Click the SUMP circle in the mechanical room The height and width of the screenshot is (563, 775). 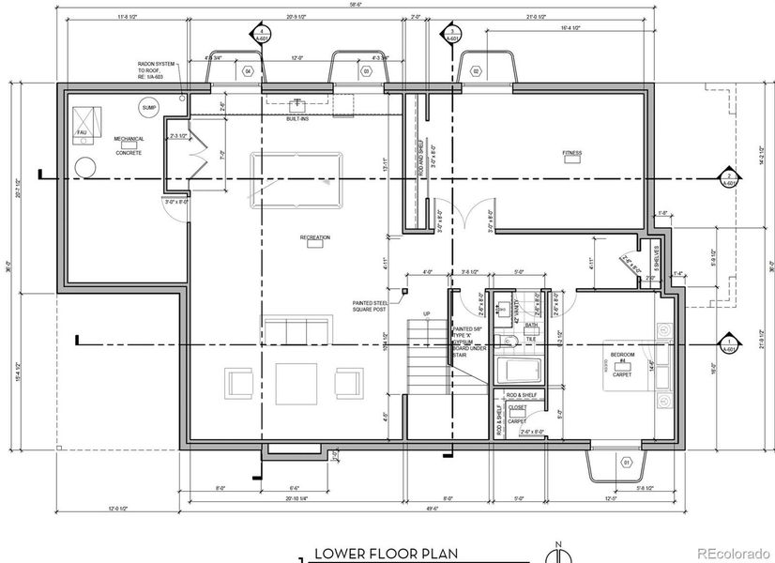pos(148,109)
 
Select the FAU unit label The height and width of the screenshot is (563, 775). pos(82,133)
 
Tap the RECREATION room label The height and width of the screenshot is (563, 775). pos(315,237)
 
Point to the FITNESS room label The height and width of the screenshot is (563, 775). pos(571,153)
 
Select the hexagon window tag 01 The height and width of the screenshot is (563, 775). pos(626,463)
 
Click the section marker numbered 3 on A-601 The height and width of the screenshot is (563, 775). pos(454,35)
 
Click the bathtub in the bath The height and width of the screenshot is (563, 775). pos(514,368)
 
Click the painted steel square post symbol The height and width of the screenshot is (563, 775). pos(405,291)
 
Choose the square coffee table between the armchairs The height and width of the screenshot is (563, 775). pos(296,383)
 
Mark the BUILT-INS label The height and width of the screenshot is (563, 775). pos(298,119)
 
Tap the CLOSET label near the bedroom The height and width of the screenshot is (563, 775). pos(517,408)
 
